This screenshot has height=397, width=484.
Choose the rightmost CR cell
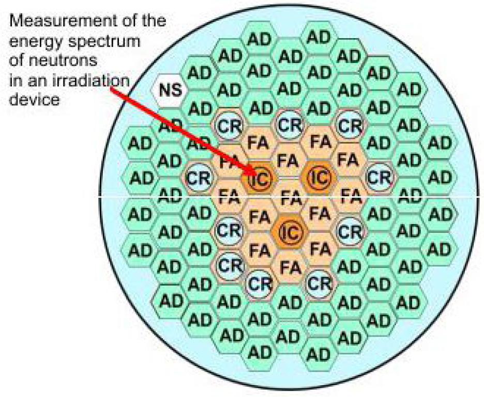380,178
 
